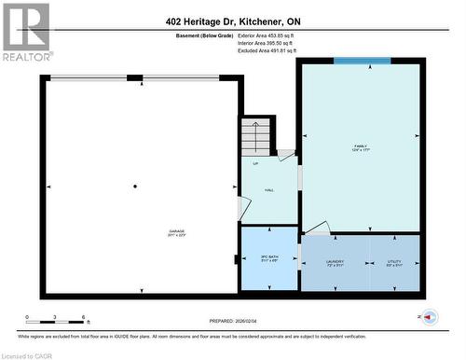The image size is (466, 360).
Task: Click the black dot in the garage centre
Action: (135, 187)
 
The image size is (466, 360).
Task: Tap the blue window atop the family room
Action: (363, 62)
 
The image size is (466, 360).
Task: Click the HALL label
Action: (269, 190)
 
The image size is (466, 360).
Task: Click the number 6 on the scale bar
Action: (85, 318)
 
